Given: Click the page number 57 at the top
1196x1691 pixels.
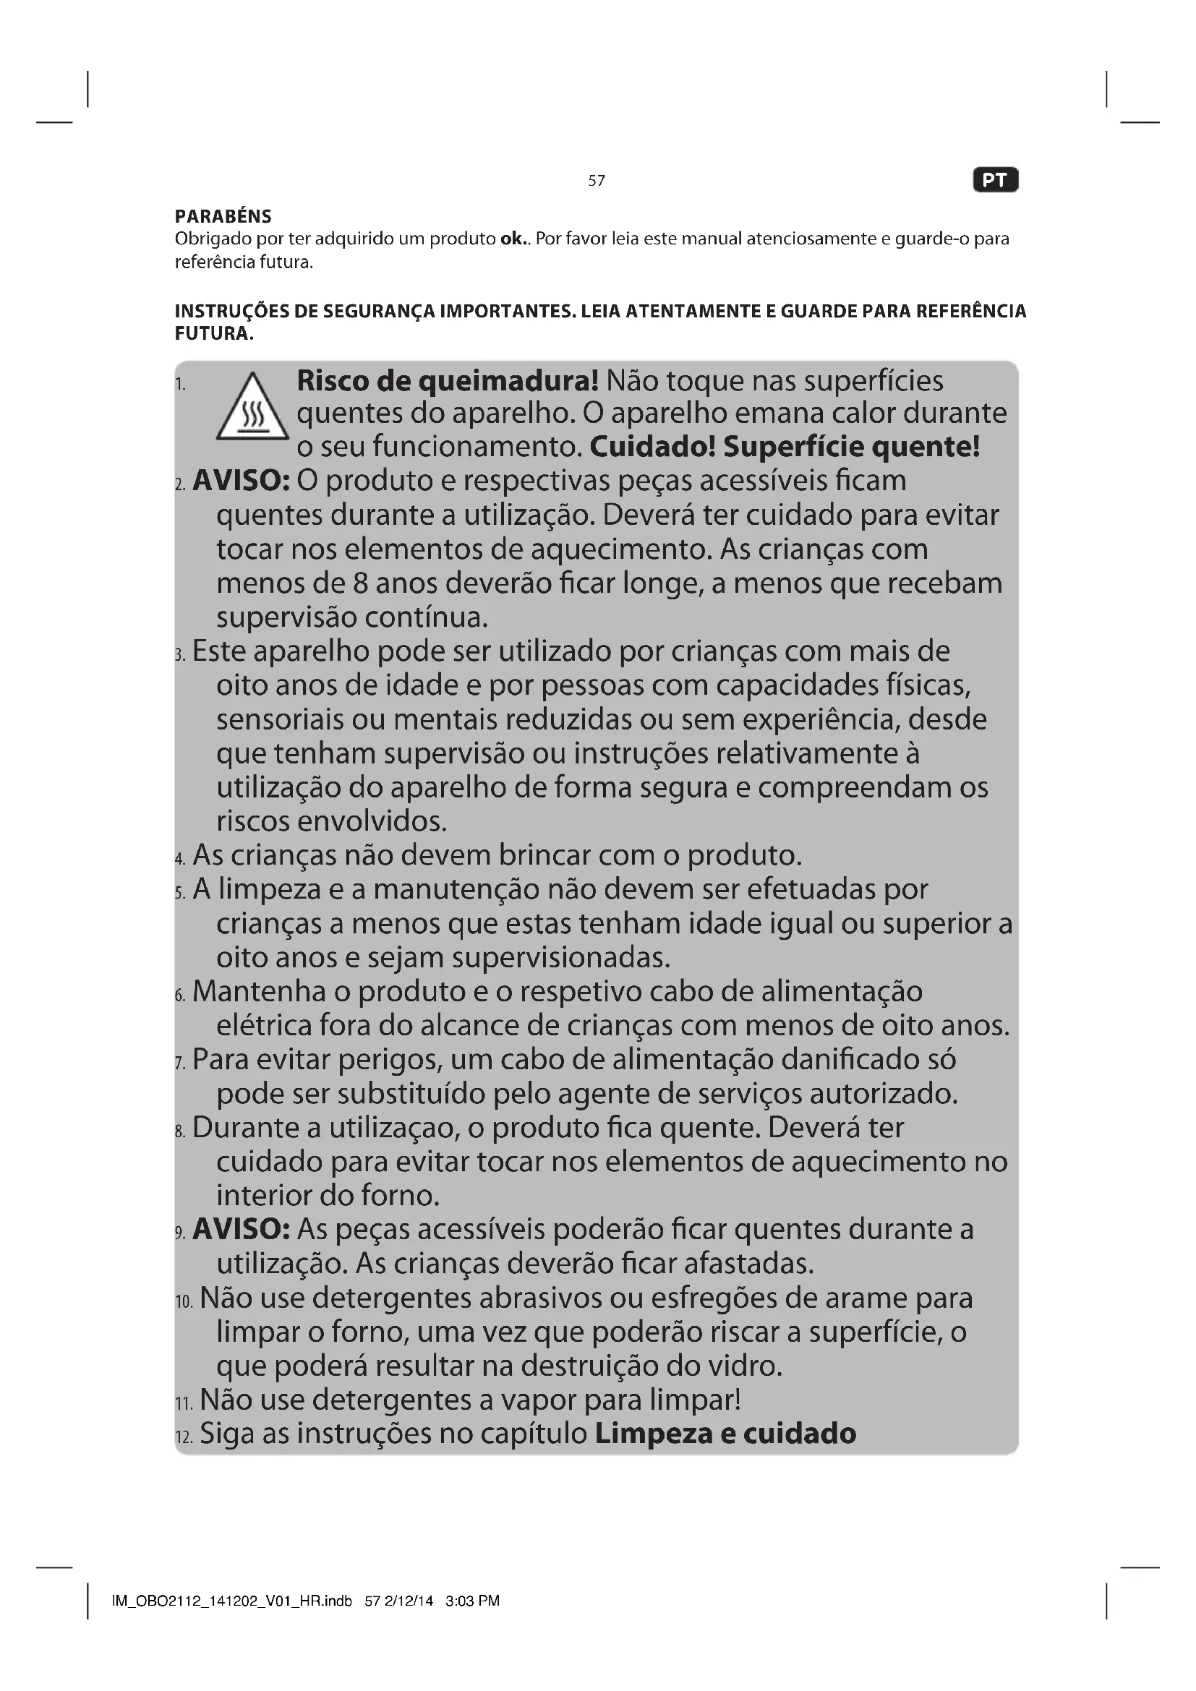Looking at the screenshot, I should click(x=597, y=181).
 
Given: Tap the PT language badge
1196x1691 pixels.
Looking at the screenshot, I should click(x=995, y=181).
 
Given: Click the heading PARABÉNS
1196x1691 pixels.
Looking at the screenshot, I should click(x=223, y=217).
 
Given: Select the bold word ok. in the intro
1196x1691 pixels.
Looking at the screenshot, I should click(x=513, y=239).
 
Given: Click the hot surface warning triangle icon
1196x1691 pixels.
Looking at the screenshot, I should click(x=252, y=408).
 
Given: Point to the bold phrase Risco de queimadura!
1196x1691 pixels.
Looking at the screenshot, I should click(x=448, y=381).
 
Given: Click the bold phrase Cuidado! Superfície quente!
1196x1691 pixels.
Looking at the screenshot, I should click(x=785, y=446).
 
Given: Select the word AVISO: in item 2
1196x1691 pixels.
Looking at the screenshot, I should click(x=241, y=481).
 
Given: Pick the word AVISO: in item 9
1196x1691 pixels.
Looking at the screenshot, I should click(x=241, y=1229).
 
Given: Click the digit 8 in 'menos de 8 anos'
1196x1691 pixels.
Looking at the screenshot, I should click(x=360, y=583).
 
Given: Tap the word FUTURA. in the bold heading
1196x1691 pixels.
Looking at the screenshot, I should click(x=213, y=333).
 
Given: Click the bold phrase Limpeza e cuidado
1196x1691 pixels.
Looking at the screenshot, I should click(x=725, y=1433).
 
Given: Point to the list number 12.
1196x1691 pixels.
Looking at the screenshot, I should click(x=184, y=1437).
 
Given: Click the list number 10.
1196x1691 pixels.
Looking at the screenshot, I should click(x=184, y=1301).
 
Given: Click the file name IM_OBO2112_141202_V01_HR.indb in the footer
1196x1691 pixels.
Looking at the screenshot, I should click(x=232, y=1601).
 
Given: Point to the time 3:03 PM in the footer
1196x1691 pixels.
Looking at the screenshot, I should click(x=472, y=1601).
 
